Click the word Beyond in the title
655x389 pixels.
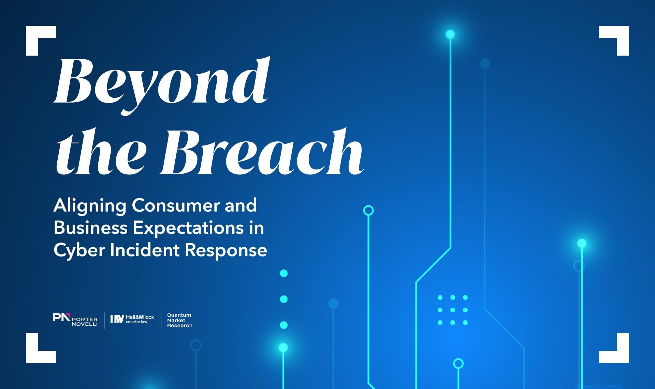click(x=161, y=85)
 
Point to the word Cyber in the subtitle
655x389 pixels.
click(x=79, y=250)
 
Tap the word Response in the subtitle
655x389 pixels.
click(x=226, y=251)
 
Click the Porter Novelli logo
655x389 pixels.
click(x=75, y=320)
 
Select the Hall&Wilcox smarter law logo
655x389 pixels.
click(x=132, y=319)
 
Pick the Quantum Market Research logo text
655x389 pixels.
click(x=180, y=320)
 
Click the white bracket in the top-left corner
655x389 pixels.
click(x=41, y=41)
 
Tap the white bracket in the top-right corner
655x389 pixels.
click(x=614, y=41)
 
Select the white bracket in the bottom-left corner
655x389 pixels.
click(x=41, y=348)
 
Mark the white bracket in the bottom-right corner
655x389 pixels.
click(x=614, y=348)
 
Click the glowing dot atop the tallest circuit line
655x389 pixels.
click(x=450, y=34)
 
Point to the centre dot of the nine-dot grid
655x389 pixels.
click(x=453, y=310)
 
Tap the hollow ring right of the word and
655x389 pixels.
click(x=368, y=211)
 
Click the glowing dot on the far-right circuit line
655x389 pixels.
click(x=582, y=243)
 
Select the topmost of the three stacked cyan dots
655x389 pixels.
click(x=284, y=274)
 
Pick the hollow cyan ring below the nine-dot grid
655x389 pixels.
click(x=458, y=364)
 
